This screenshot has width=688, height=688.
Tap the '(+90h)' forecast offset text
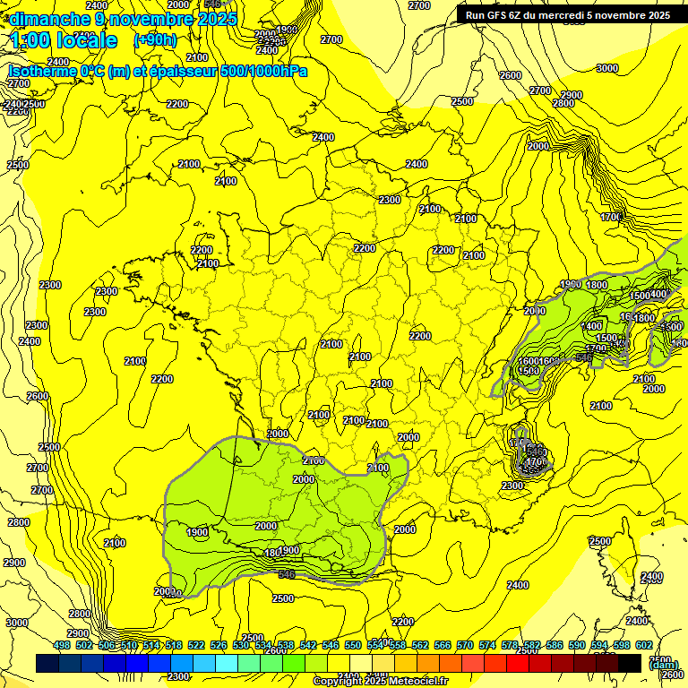tap(155, 39)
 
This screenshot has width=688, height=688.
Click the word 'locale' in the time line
tap(86, 40)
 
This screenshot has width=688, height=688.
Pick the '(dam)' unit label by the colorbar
tap(662, 665)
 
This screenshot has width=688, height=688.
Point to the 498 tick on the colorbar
tap(62, 646)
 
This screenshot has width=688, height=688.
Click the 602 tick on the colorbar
tap(643, 646)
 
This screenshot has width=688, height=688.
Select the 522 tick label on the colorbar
tap(196, 646)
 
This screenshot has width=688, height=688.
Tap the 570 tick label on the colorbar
tap(464, 646)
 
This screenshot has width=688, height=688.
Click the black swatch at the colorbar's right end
tap(630, 663)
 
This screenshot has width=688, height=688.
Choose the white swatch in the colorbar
tap(361, 663)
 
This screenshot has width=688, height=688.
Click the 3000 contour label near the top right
tap(607, 68)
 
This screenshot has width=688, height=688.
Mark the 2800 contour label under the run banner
tap(563, 104)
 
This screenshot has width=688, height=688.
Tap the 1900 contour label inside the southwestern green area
tap(198, 532)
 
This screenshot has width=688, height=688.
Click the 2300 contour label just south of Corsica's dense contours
tap(512, 486)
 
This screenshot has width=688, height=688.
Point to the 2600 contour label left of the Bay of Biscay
tap(38, 396)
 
